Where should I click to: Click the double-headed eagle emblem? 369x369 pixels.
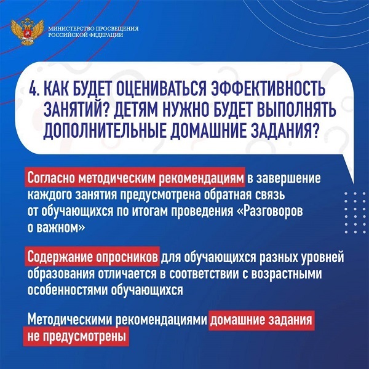[27, 32]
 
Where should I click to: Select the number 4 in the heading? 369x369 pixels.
[33, 89]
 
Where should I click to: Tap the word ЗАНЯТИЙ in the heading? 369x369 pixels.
[76, 109]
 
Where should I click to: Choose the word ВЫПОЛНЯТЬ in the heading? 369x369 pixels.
[295, 109]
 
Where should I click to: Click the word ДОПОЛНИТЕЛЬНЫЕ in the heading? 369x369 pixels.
[105, 130]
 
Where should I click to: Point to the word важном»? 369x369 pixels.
[61, 228]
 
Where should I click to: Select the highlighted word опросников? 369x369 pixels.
[127, 258]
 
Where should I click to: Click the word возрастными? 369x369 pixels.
[287, 274]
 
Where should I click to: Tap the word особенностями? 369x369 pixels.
[68, 290]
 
